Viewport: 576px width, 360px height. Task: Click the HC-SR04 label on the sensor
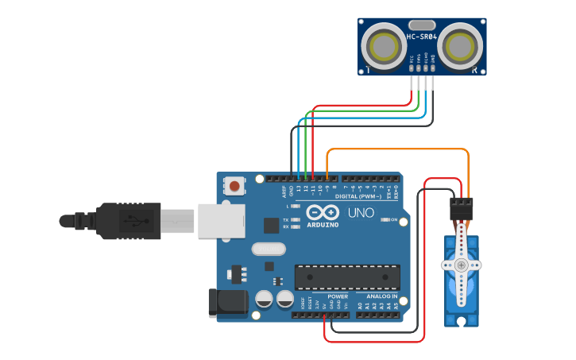coord(422,37)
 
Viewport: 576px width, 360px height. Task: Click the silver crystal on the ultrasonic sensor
coord(422,25)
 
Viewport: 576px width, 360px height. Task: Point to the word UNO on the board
coord(361,213)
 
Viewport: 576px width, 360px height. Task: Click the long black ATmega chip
coord(347,277)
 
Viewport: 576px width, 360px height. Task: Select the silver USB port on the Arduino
coord(220,221)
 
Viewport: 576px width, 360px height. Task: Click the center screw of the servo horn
coord(461,264)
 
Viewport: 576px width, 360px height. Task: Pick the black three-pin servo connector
coord(461,209)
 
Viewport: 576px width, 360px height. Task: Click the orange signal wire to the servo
coord(397,149)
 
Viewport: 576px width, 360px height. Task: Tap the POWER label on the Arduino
coord(338,296)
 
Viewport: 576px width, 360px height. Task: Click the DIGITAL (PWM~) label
coord(358,195)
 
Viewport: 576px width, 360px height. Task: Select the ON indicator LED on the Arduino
coord(383,219)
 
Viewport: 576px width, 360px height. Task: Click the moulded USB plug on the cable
coord(127,220)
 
